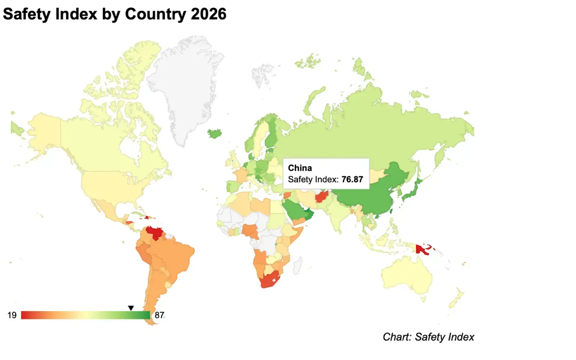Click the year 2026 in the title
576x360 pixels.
click(x=208, y=14)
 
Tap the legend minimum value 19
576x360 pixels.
click(x=12, y=315)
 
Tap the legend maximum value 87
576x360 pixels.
click(x=160, y=315)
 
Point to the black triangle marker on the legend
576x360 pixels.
click(x=131, y=308)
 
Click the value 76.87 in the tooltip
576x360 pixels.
click(x=352, y=179)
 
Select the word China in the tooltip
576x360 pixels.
click(x=300, y=168)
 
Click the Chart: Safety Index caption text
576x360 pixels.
click(x=428, y=337)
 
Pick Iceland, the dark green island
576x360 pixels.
click(x=214, y=133)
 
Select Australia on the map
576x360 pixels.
click(x=407, y=276)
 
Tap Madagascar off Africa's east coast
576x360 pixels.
click(x=297, y=266)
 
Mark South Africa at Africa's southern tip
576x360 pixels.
click(x=269, y=280)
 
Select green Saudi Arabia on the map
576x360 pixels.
click(x=294, y=207)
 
